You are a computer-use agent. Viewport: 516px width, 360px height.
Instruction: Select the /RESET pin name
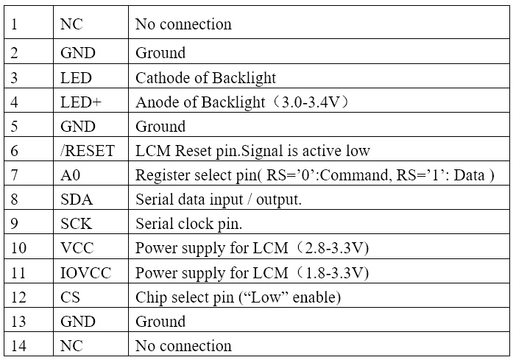tap(88, 151)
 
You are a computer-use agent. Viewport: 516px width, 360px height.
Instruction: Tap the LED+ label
tap(81, 102)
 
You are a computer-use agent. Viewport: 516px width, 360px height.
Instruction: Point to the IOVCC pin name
tap(86, 273)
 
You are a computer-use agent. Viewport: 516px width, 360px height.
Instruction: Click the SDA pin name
tap(77, 200)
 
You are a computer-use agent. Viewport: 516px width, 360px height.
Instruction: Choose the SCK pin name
tap(76, 224)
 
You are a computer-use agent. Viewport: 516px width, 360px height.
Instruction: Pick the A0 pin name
tap(71, 175)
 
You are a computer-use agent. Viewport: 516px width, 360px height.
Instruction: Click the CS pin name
tap(70, 297)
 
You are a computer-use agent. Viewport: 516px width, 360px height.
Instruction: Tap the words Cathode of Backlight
tap(205, 78)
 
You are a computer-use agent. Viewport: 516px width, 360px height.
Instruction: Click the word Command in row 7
tap(356, 175)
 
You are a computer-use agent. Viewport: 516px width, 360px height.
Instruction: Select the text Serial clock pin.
tap(189, 224)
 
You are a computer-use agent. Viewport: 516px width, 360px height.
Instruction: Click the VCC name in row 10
tap(77, 248)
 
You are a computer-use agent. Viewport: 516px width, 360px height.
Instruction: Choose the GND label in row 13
tap(78, 322)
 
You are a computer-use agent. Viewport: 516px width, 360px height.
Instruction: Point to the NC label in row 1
tap(71, 24)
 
